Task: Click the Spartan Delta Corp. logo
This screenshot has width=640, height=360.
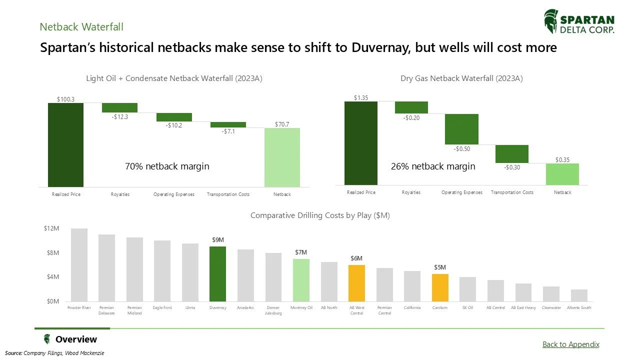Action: click(x=579, y=22)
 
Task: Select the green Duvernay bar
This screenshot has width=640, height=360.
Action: click(x=217, y=273)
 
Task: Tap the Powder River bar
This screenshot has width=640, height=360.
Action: click(x=79, y=265)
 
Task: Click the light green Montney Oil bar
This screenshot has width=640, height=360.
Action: click(x=301, y=280)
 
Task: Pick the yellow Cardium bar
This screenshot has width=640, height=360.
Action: click(x=440, y=287)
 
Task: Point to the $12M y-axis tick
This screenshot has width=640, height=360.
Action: click(x=52, y=228)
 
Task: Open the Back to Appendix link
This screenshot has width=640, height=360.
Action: click(x=570, y=344)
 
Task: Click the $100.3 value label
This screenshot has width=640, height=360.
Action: click(x=65, y=99)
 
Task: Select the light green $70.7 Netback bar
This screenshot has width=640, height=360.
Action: click(x=282, y=157)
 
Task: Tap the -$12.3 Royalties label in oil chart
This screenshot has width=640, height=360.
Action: click(x=119, y=116)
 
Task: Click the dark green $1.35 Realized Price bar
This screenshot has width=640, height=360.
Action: click(x=361, y=143)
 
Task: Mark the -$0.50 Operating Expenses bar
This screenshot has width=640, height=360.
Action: click(x=461, y=129)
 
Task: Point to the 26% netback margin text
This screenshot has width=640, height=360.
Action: click(x=433, y=166)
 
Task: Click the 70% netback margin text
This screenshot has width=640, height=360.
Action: click(x=167, y=166)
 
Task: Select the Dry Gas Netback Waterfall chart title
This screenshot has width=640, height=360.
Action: click(x=461, y=78)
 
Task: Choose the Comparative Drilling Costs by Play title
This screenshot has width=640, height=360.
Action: click(x=320, y=215)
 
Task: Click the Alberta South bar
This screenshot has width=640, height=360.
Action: click(x=579, y=295)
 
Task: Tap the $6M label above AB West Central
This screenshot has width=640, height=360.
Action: click(x=356, y=258)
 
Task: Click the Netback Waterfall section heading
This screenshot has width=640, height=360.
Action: click(x=81, y=26)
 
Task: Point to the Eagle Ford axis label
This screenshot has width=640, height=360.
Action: click(x=162, y=308)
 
